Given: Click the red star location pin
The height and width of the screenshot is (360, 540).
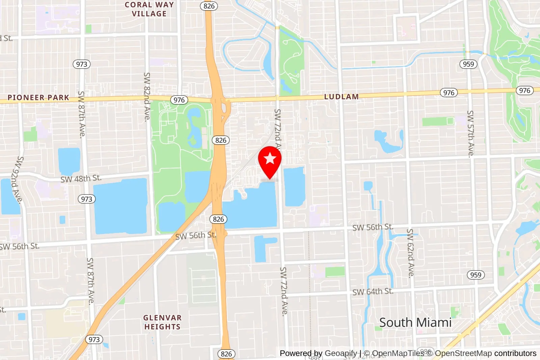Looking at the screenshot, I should point(270,160).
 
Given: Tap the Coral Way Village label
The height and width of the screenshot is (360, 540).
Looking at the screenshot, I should point(149,9).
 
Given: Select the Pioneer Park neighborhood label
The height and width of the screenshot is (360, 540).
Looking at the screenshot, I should point(38,98).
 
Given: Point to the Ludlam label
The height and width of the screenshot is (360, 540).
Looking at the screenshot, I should point(341,97).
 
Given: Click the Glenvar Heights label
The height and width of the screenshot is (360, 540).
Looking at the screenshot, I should point(162,322).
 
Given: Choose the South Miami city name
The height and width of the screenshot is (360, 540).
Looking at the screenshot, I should point(415,323).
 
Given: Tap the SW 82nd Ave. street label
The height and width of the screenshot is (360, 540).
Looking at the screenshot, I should point(147,97).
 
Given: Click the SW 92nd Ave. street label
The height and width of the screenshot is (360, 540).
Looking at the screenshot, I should point(16,180).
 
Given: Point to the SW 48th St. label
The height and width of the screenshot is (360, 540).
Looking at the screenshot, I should point(81,179).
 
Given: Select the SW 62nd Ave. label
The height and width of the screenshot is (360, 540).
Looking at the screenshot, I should point(410,253).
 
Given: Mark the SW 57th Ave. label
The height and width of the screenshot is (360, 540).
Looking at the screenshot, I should point(470,134).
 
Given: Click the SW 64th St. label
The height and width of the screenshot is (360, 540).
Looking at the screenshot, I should point(373,291).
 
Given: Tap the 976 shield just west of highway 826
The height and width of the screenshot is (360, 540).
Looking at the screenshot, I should point(179,100).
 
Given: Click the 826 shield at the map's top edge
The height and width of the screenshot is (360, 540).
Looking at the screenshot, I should point(209,6).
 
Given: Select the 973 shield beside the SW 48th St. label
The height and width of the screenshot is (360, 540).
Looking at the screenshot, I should point(87,199).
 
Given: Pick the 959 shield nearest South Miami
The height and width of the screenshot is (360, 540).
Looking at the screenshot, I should point(476,275).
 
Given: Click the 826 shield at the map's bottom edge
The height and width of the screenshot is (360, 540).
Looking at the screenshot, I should point(226,354).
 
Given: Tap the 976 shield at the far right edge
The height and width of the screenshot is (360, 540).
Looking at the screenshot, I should point(524,91).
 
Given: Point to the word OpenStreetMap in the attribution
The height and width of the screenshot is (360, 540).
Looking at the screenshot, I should point(463,353).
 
